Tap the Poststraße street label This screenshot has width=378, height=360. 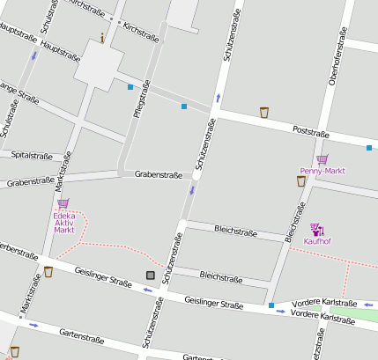[310, 133]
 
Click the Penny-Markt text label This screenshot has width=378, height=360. [321, 171]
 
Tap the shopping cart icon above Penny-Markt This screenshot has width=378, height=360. [322, 159]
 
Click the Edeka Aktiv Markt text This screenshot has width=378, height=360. [63, 222]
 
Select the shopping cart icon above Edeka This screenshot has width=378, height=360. [63, 203]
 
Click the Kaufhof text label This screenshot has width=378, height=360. [317, 240]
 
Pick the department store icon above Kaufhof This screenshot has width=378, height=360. [316, 229]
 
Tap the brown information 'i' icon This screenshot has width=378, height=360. [102, 38]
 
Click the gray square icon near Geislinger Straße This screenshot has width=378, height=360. [150, 276]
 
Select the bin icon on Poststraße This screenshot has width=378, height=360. [264, 112]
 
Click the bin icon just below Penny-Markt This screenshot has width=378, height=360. [301, 181]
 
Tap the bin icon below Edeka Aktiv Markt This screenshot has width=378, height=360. [48, 272]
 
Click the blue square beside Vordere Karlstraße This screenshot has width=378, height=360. [271, 306]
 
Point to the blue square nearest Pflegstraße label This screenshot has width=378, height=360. [130, 87]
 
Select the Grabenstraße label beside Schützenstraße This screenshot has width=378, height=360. [159, 174]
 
